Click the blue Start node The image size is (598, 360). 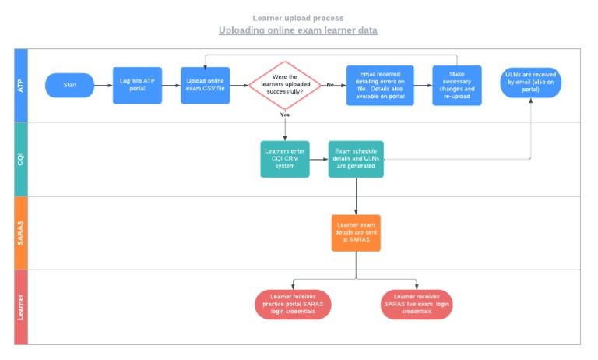pyautogui.click(x=69, y=85)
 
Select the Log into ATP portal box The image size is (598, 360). pyautogui.click(x=138, y=85)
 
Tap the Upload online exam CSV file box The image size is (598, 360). pyautogui.click(x=206, y=85)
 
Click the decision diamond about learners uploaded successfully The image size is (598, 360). pyautogui.click(x=285, y=85)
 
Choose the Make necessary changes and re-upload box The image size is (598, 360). pyautogui.click(x=456, y=85)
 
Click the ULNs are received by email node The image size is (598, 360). pyautogui.click(x=531, y=83)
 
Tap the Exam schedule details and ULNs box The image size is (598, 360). pyautogui.click(x=356, y=159)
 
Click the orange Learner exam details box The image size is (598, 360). pyautogui.click(x=356, y=233)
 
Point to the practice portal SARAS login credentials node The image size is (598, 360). pyautogui.click(x=293, y=304)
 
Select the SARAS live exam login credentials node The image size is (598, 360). pyautogui.click(x=417, y=304)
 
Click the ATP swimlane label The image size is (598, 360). pyautogui.click(x=21, y=85)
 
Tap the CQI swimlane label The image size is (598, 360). pyautogui.click(x=21, y=159)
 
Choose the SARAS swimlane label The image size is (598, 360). pyautogui.click(x=21, y=233)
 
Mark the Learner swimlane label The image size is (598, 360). pyautogui.click(x=21, y=307)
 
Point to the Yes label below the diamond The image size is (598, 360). pyautogui.click(x=285, y=115)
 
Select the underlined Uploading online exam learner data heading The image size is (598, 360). pyautogui.click(x=298, y=30)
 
